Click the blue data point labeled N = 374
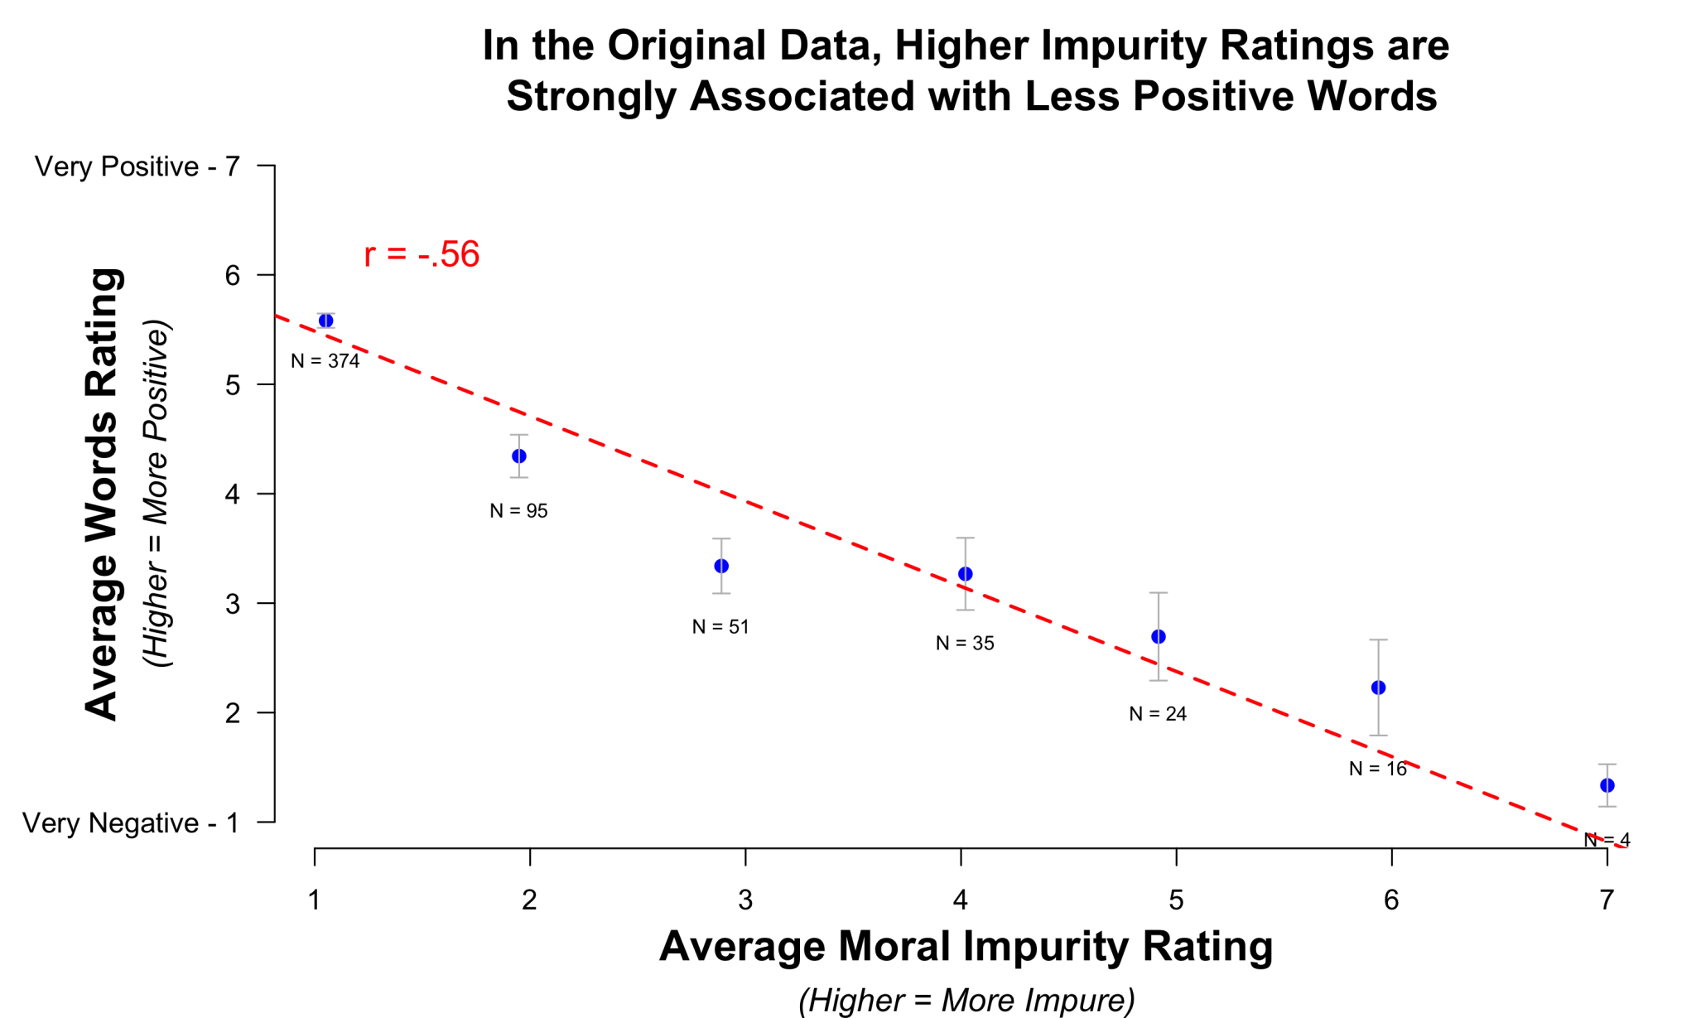click(326, 321)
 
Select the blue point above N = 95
click(519, 456)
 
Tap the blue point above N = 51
click(721, 567)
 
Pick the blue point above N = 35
click(966, 574)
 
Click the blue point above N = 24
click(1159, 637)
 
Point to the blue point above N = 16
click(1379, 688)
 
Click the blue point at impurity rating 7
click(1607, 785)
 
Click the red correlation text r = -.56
click(422, 254)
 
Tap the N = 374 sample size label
click(325, 361)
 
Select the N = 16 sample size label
click(1378, 769)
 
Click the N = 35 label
click(965, 644)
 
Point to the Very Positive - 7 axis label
click(137, 166)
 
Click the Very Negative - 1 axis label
click(131, 823)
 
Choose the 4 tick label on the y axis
click(232, 495)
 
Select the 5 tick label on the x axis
click(1176, 900)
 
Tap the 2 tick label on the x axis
click(530, 900)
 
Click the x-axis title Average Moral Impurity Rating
click(966, 946)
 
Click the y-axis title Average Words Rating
click(103, 495)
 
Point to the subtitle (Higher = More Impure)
click(966, 1000)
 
